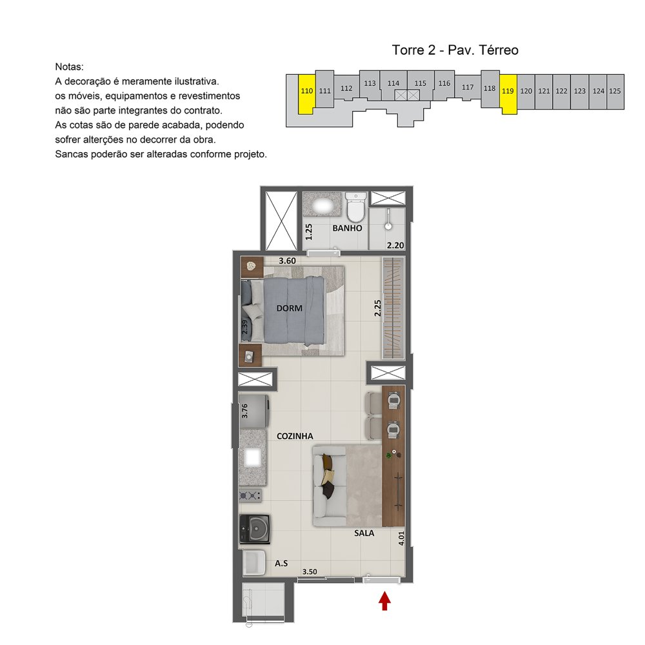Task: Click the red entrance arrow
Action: [384, 600]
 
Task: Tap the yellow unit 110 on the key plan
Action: [306, 94]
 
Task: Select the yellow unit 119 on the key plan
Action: [508, 94]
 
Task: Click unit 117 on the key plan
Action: [468, 87]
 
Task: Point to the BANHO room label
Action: [347, 228]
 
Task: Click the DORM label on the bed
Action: [289, 308]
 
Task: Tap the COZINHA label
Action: [295, 436]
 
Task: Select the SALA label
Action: [364, 533]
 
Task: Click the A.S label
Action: [281, 563]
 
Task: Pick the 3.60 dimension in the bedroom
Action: [287, 261]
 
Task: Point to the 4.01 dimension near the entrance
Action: [401, 539]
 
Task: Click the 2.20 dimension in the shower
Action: [395, 245]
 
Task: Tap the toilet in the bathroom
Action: [356, 207]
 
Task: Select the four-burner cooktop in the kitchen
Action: [250, 495]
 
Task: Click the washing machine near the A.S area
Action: [255, 529]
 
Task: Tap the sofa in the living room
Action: [329, 486]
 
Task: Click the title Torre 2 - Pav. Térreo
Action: [455, 50]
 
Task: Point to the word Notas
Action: [69, 66]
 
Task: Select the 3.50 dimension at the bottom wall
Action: [310, 571]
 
